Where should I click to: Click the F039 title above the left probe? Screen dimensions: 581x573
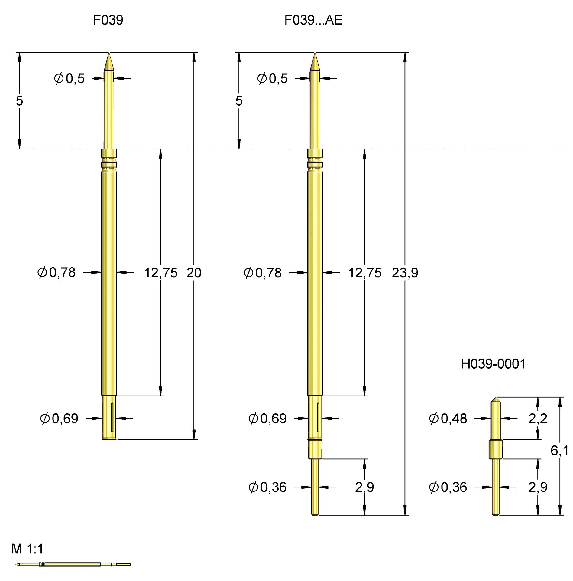click(108, 20)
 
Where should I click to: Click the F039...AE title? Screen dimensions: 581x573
click(313, 20)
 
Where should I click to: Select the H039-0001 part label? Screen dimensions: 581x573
click(493, 364)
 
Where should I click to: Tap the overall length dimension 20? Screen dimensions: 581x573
click(194, 273)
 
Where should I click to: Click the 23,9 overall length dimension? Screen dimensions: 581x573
click(405, 273)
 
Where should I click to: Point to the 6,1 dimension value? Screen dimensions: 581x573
click(559, 451)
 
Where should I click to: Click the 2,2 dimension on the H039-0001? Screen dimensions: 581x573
click(537, 419)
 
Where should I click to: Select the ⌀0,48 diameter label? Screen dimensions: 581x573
click(448, 419)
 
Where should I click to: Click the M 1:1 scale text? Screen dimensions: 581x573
click(27, 549)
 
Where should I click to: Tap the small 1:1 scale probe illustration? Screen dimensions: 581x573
click(73, 564)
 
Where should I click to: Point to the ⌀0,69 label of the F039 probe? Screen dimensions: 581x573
click(59, 419)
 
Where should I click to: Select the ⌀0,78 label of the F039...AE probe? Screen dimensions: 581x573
click(263, 273)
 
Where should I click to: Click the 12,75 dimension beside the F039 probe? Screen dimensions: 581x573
click(160, 273)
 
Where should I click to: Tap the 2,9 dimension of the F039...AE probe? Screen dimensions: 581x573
click(364, 487)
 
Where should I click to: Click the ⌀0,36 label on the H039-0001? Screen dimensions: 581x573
click(448, 487)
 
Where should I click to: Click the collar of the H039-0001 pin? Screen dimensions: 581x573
click(496, 449)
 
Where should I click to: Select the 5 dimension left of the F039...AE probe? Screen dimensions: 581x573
click(239, 101)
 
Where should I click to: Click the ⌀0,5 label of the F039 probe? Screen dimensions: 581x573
click(69, 79)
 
